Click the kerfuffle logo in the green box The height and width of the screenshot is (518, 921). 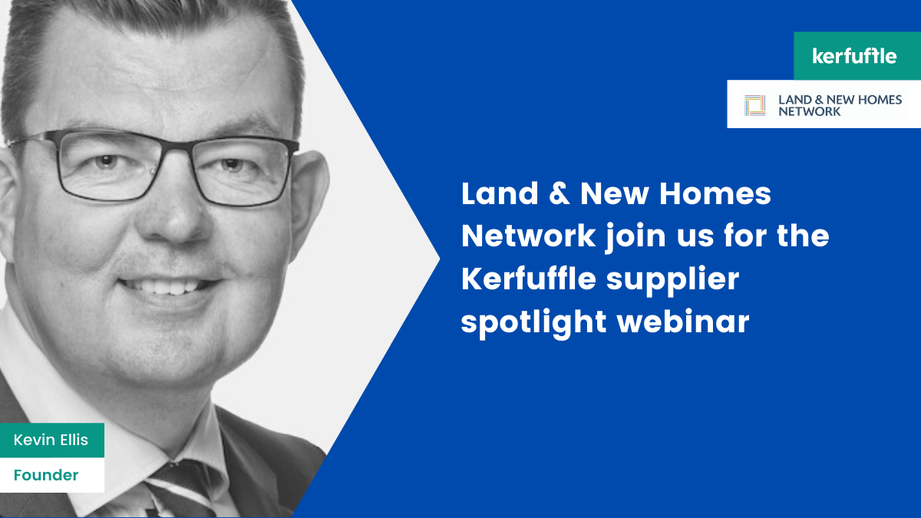pyautogui.click(x=854, y=56)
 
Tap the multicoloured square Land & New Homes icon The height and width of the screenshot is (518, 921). pyautogui.click(x=755, y=105)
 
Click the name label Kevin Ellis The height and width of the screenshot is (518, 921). pyautogui.click(x=51, y=440)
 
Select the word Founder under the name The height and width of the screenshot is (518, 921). pyautogui.click(x=46, y=475)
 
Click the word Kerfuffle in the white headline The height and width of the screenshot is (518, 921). pyautogui.click(x=529, y=279)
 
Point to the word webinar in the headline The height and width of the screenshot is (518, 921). pyautogui.click(x=683, y=322)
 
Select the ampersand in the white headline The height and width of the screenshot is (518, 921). pyautogui.click(x=560, y=193)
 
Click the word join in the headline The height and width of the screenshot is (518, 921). pyautogui.click(x=635, y=239)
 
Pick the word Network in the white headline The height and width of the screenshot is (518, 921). pyautogui.click(x=528, y=236)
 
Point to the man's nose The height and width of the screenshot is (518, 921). pyautogui.click(x=177, y=218)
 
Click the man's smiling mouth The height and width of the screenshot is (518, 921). pyautogui.click(x=170, y=285)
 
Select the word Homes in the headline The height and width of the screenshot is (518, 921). pyautogui.click(x=715, y=193)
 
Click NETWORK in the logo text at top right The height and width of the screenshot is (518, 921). pyautogui.click(x=809, y=111)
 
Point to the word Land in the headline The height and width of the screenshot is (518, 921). pyautogui.click(x=500, y=193)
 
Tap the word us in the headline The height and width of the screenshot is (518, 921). pyautogui.click(x=695, y=239)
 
